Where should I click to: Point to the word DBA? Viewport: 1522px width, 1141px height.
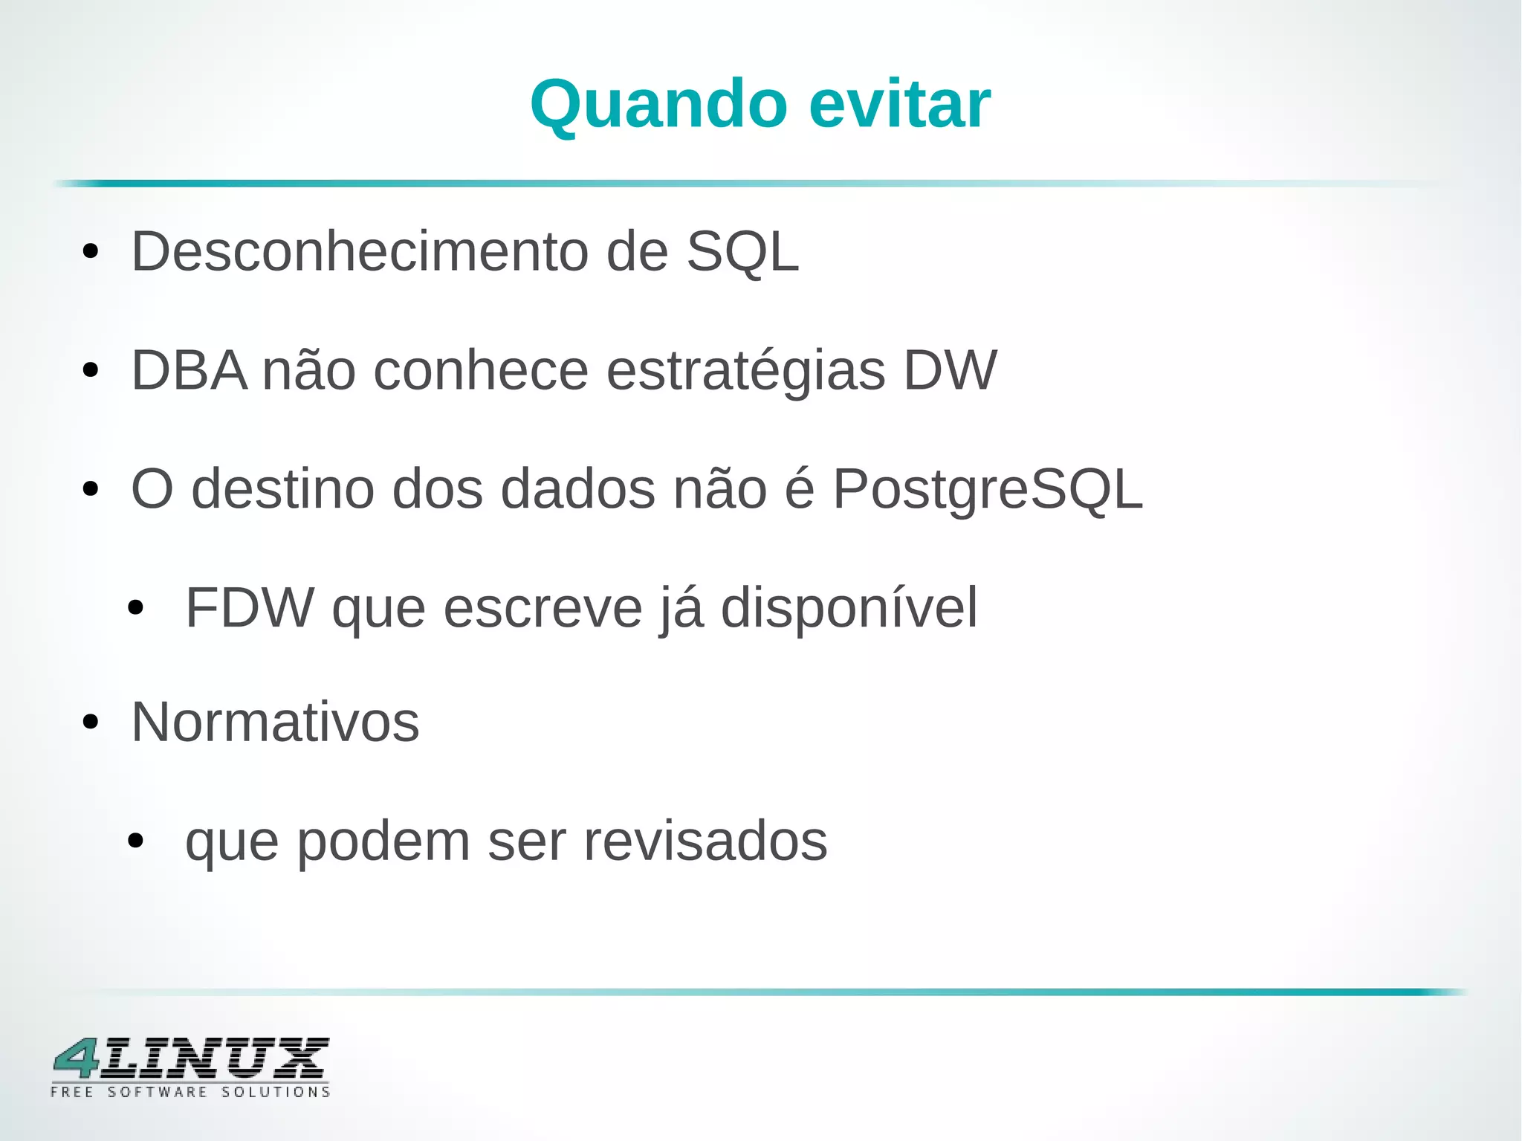189,370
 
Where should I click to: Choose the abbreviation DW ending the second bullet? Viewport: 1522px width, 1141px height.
949,370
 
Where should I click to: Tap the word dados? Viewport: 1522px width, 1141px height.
578,489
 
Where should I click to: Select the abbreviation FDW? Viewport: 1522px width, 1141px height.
250,608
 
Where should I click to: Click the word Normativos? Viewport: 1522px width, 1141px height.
275,723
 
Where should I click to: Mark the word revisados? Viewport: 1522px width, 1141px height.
705,841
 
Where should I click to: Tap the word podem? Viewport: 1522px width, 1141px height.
383,843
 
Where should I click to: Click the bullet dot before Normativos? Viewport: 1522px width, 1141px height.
91,722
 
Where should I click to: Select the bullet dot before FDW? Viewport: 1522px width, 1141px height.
135,609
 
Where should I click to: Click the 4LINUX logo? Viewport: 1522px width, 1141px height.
190,1058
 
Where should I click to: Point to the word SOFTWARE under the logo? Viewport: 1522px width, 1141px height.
158,1092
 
